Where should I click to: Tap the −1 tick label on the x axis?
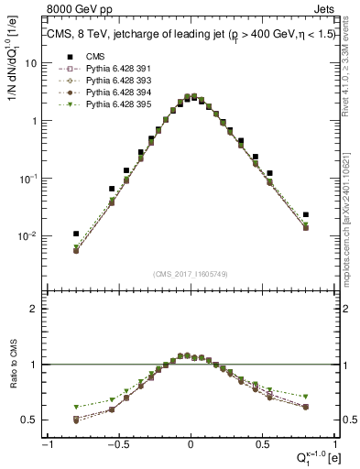click(x=47, y=444)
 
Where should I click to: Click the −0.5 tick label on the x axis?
click(x=117, y=444)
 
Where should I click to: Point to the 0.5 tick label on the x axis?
click(x=262, y=444)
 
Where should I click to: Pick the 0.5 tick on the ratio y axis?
click(x=29, y=420)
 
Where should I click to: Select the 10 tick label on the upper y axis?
click(x=28, y=63)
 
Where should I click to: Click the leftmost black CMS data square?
click(x=76, y=234)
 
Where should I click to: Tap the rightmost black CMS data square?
click(x=306, y=214)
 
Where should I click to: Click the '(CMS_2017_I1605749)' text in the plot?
click(x=190, y=274)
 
